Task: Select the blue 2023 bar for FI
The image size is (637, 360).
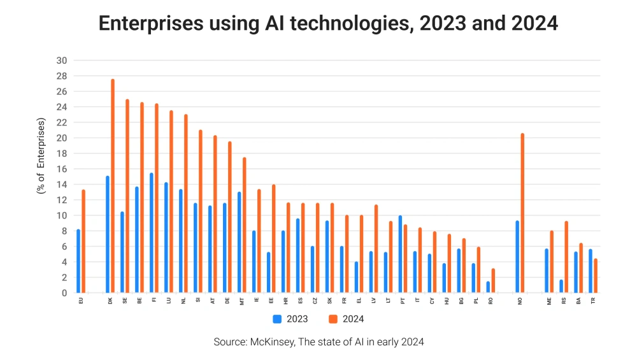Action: click(x=151, y=233)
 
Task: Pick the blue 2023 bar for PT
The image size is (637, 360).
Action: click(x=399, y=254)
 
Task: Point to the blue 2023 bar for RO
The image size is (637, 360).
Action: click(x=488, y=287)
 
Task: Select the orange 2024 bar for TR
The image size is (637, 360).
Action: click(x=596, y=276)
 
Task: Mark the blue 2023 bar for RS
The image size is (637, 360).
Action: click(x=561, y=286)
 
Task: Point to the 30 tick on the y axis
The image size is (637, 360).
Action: click(x=62, y=61)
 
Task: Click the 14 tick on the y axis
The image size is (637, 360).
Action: click(x=62, y=184)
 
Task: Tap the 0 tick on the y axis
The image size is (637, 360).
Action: click(x=64, y=293)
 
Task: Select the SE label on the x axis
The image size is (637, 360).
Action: click(x=124, y=299)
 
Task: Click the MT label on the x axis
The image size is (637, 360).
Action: click(x=241, y=299)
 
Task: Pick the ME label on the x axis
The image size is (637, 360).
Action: click(x=549, y=299)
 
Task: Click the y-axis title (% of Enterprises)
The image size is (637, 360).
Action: click(x=41, y=156)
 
